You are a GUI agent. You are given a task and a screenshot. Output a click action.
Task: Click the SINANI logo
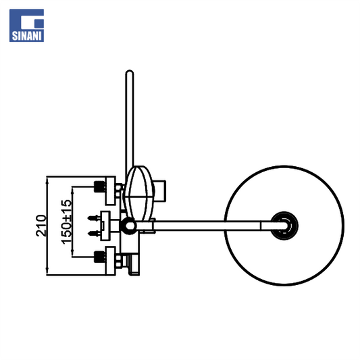tap(26, 25)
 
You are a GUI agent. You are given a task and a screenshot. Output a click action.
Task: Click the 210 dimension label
tap(41, 226)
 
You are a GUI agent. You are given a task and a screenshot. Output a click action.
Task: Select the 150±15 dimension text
tap(67, 222)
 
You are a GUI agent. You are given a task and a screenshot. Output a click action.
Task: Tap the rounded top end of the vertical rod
tap(130, 72)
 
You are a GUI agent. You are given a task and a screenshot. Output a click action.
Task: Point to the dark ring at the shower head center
tap(284, 226)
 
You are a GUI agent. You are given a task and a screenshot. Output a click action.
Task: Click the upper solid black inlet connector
tap(100, 186)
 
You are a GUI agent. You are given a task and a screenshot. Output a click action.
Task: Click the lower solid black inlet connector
tap(100, 257)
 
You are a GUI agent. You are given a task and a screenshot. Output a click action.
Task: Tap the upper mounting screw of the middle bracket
tap(94, 217)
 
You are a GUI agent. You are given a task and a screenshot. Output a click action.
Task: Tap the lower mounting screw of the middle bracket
tap(94, 234)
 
